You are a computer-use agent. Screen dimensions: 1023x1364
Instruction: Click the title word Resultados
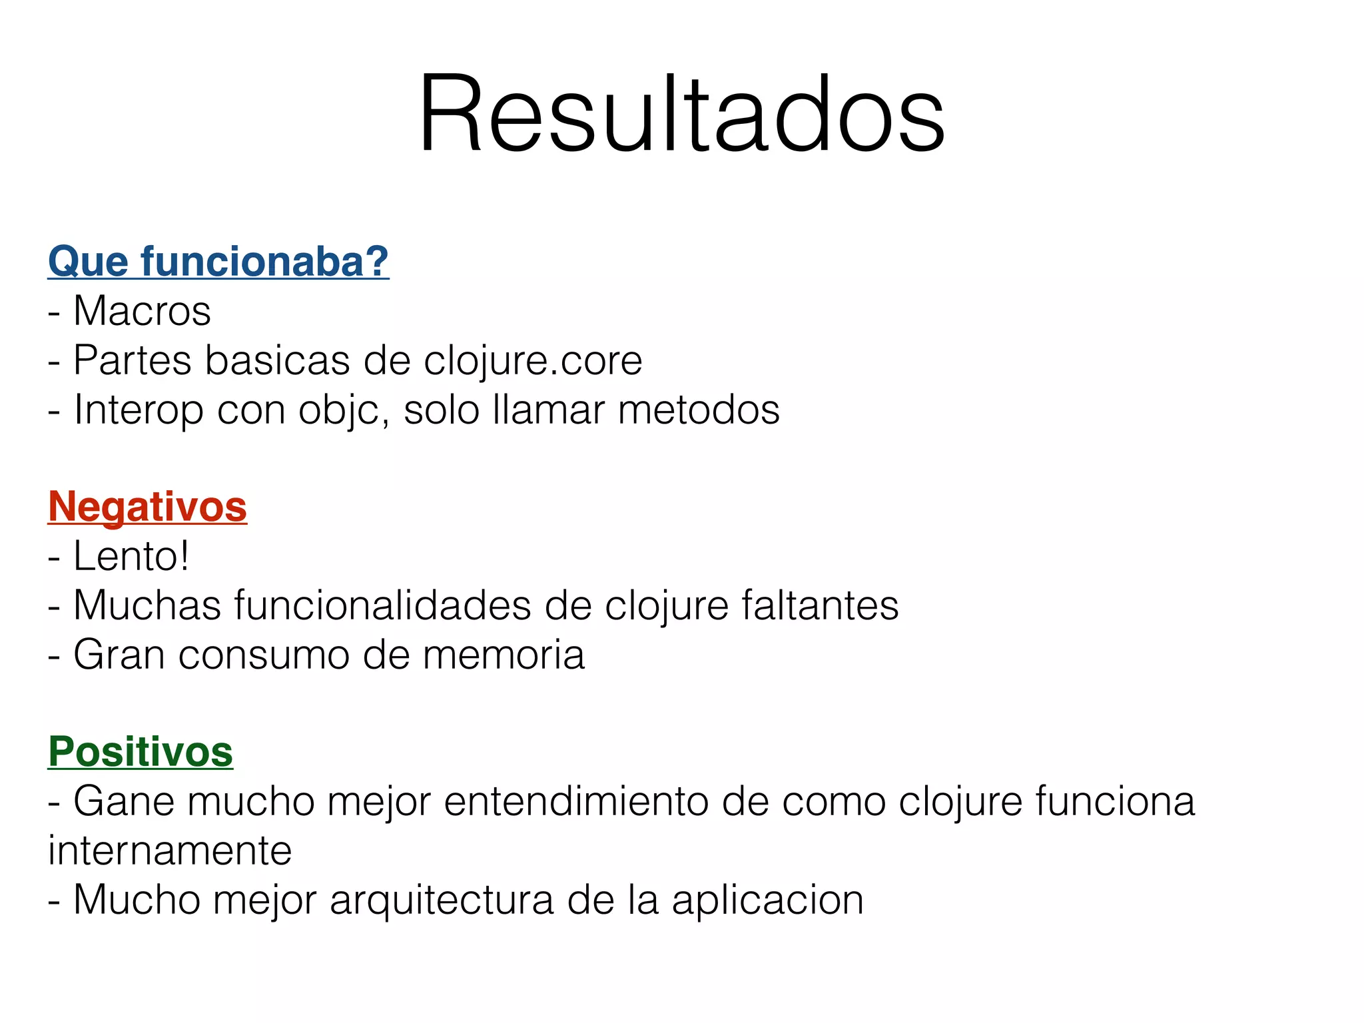coord(681,115)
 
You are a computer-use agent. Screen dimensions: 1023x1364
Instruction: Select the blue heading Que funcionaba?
coord(218,261)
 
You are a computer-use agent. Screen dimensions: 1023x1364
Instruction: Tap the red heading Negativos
coord(147,507)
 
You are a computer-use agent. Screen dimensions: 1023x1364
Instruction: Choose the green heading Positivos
coord(141,752)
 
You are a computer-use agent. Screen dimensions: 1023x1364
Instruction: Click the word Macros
coord(142,311)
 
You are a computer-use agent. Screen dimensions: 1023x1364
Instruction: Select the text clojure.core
coord(533,360)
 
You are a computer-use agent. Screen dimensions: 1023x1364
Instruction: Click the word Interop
coord(139,410)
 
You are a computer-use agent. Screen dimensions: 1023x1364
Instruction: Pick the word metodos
coord(699,410)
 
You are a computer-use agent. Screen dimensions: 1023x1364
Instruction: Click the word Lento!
coord(131,556)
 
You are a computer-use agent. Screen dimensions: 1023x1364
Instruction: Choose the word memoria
coord(504,655)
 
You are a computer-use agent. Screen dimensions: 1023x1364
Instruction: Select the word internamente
coord(170,851)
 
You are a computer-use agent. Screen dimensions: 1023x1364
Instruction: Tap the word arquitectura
coord(442,900)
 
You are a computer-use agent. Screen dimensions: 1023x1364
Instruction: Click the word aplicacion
coord(767,900)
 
